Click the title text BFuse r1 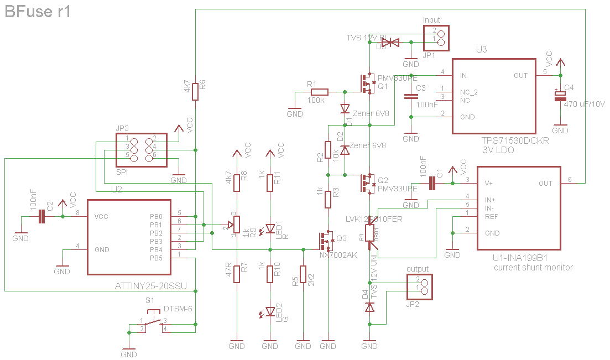click(x=38, y=12)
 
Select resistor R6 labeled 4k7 click(x=195, y=92)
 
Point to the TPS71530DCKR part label click(x=515, y=141)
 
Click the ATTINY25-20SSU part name click(x=150, y=286)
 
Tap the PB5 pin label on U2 click(x=156, y=258)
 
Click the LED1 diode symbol click(x=270, y=228)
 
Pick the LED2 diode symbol click(x=270, y=311)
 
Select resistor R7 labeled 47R click(x=236, y=273)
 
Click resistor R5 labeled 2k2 click(x=303, y=274)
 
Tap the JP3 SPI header click(x=141, y=150)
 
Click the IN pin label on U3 click(x=463, y=76)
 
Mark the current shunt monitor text click(x=533, y=268)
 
